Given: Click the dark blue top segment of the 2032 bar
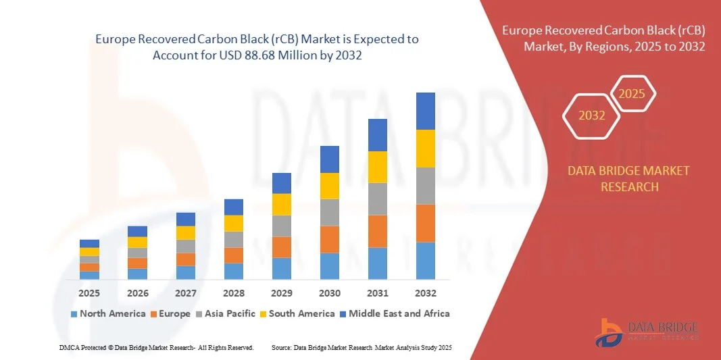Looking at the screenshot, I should click(425, 111).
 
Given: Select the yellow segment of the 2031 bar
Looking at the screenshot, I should click(377, 167).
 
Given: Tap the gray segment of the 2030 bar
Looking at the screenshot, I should click(329, 212).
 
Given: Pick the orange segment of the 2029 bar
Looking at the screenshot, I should click(281, 247).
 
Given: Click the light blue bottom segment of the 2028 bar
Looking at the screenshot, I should click(233, 271).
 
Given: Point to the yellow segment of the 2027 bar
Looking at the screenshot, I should click(185, 232).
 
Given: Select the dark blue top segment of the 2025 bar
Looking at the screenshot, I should click(89, 243).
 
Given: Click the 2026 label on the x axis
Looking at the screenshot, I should click(137, 293).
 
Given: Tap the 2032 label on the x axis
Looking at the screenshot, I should click(425, 293).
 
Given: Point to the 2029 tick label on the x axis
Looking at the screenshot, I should click(281, 293).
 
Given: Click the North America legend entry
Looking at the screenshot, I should click(107, 313).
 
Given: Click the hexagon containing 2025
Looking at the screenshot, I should click(632, 94).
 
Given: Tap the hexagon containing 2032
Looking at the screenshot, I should click(591, 115).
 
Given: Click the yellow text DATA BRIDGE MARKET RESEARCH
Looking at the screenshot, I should click(628, 178).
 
